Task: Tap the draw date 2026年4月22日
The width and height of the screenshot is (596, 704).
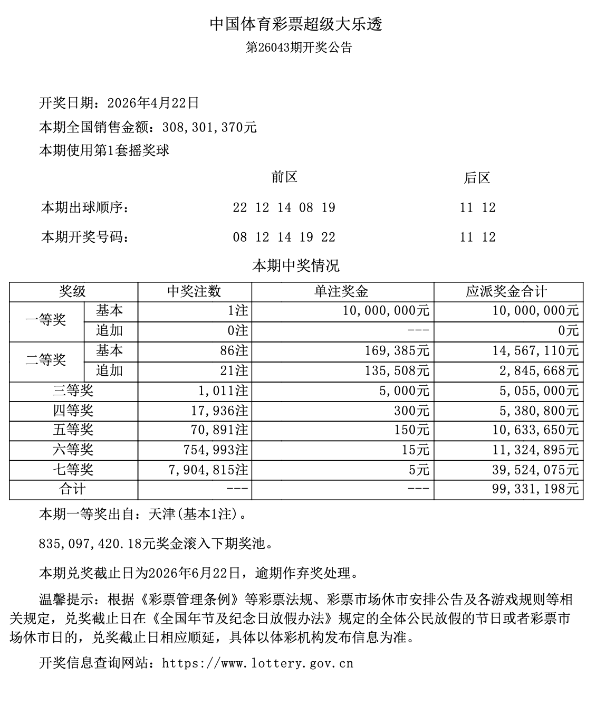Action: point(153,103)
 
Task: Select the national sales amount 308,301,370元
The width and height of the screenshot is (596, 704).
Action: point(209,127)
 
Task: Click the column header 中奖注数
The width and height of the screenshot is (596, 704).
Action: point(194,291)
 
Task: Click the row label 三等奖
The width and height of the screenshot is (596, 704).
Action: point(73,391)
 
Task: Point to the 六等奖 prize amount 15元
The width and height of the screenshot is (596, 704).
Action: point(419,450)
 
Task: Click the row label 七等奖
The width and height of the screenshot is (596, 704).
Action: point(73,470)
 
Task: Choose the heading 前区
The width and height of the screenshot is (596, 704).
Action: point(284,177)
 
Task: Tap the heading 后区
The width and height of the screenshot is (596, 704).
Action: point(477,178)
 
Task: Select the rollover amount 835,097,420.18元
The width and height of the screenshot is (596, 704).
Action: point(97,543)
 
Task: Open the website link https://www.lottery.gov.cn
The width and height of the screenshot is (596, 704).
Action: point(257,663)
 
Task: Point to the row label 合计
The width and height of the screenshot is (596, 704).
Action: point(73,489)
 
